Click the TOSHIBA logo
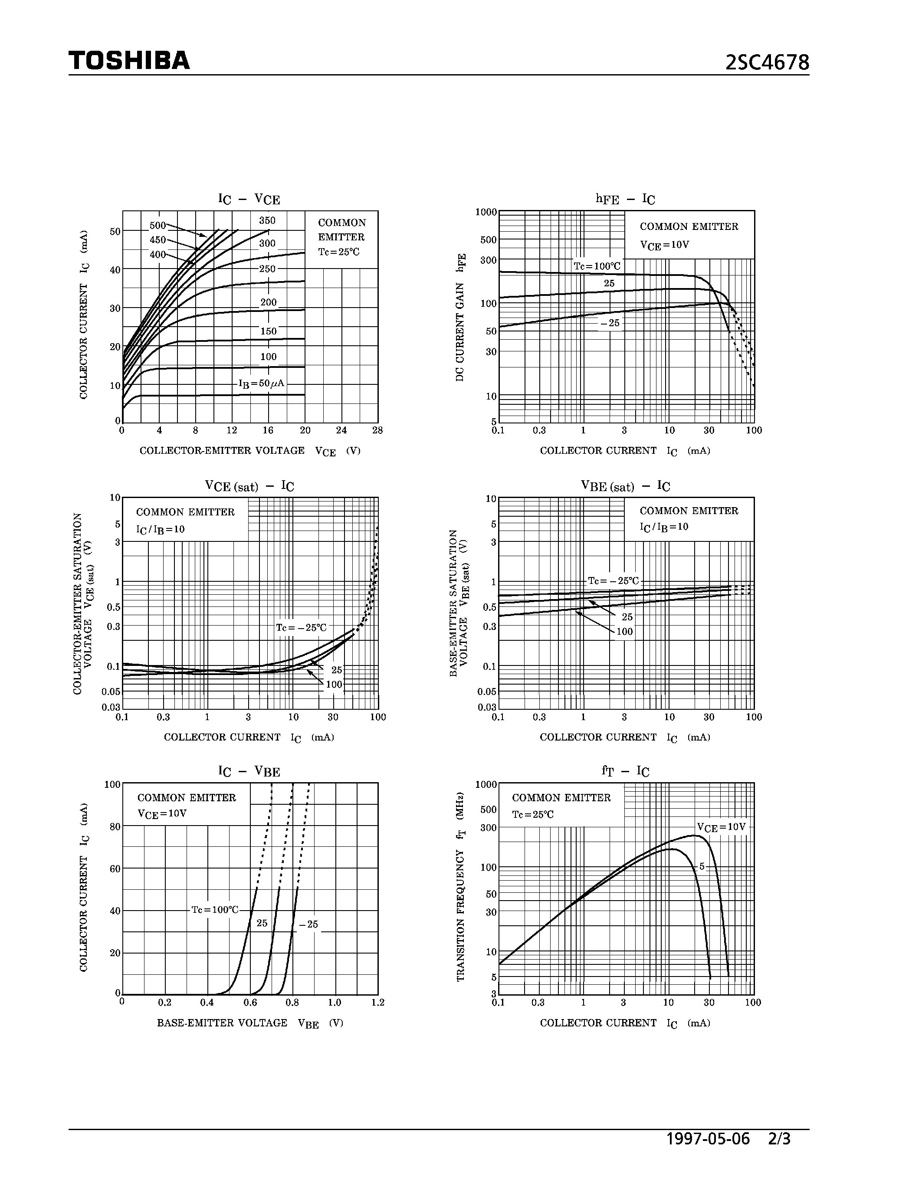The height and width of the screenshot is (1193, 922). (x=129, y=61)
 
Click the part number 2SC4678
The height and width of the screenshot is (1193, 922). (x=767, y=63)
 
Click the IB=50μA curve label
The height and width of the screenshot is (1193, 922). (x=262, y=383)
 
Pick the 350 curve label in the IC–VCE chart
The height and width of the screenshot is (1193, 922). (x=267, y=221)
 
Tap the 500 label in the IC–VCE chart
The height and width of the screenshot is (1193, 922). (x=157, y=226)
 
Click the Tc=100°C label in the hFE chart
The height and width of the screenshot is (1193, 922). (x=597, y=266)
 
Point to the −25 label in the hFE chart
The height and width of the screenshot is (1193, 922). (x=610, y=323)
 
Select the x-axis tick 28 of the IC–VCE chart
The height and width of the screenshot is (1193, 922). (x=377, y=430)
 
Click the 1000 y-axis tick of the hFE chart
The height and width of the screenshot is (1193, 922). (x=486, y=212)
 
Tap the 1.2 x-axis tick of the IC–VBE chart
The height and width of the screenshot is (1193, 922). (x=377, y=1003)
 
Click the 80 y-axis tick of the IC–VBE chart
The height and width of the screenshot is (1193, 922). (x=115, y=827)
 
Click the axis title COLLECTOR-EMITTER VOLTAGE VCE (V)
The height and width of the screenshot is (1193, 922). (x=249, y=451)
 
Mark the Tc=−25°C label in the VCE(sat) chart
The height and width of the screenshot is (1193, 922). (x=301, y=628)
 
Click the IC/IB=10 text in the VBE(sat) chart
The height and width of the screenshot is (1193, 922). (x=664, y=527)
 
